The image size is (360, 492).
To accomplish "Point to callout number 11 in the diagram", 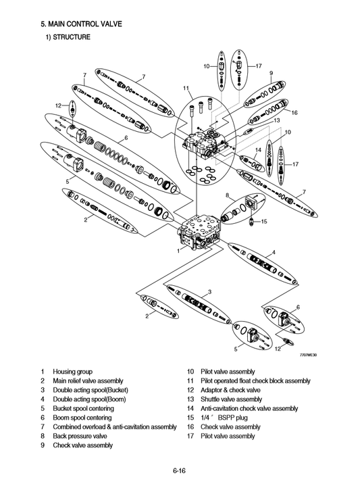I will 185,89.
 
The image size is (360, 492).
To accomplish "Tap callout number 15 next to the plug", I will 264,222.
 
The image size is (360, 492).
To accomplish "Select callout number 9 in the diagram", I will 271,72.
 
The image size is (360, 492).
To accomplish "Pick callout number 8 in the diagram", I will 228,195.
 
